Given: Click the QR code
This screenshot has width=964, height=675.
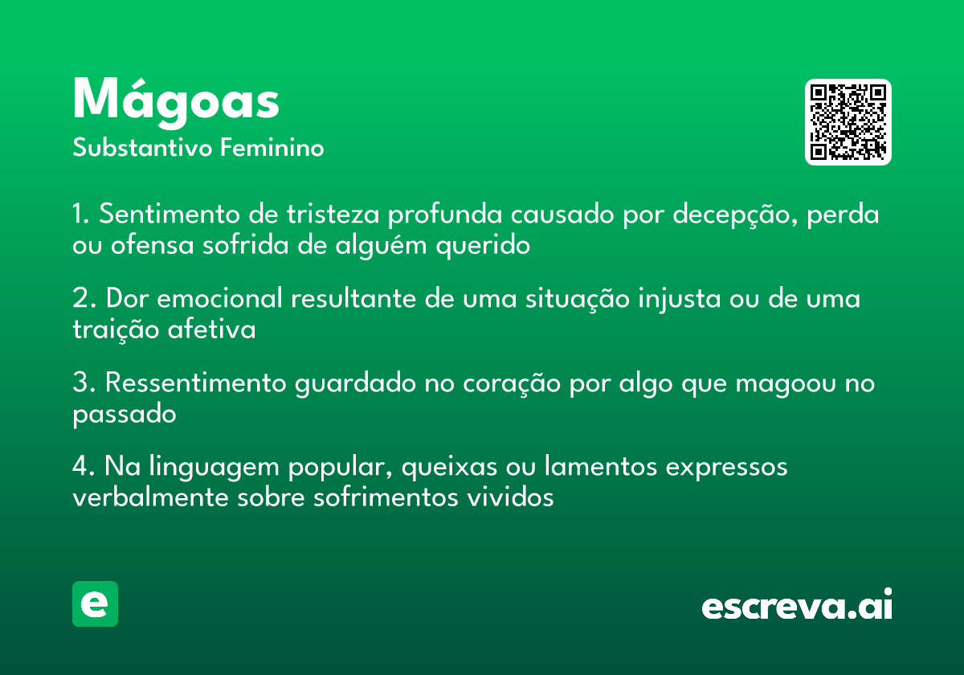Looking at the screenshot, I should pyautogui.click(x=848, y=122).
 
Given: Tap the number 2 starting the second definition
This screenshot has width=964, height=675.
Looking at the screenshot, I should pyautogui.click(x=80, y=299).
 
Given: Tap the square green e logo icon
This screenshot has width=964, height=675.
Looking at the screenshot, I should pyautogui.click(x=95, y=603).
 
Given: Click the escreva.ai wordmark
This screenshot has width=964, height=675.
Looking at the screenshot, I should pyautogui.click(x=797, y=606).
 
